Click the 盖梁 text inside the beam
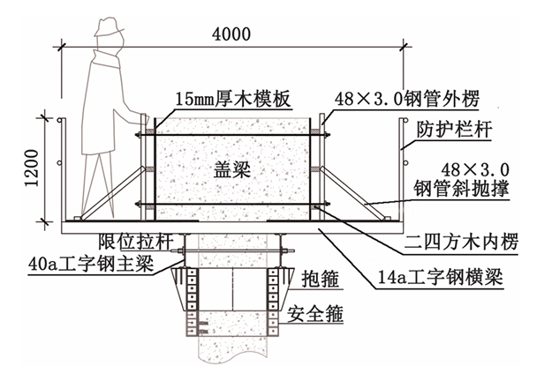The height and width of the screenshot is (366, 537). tap(233, 170)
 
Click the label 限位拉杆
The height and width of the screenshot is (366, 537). tap(123, 242)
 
